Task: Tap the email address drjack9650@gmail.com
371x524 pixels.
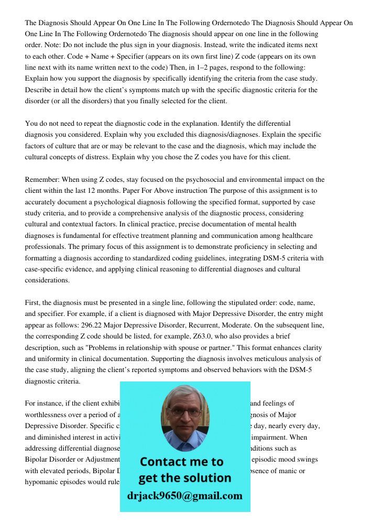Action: [185, 495]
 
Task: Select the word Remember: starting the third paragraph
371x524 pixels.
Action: [43, 180]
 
